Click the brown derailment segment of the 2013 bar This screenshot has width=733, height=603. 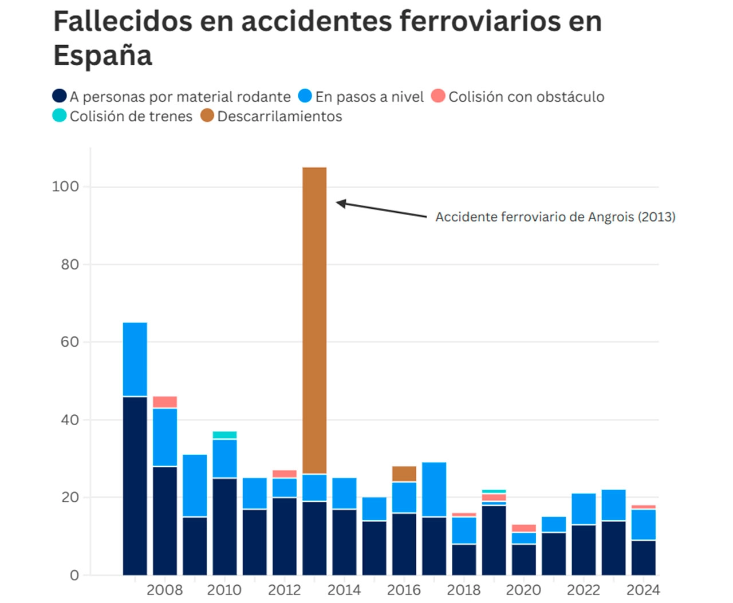click(314, 320)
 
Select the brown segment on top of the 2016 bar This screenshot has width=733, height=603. click(404, 474)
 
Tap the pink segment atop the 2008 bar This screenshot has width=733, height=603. click(165, 402)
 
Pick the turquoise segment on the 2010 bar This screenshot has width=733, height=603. click(224, 435)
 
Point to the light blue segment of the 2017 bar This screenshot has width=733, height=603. click(434, 489)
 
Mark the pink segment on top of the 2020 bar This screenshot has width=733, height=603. click(524, 528)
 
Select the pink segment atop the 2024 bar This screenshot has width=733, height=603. click(644, 507)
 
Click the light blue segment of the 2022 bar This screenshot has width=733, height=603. click(584, 509)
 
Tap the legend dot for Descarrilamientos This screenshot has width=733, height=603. click(207, 116)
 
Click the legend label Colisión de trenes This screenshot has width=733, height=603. click(131, 116)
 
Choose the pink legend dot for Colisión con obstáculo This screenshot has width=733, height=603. click(438, 96)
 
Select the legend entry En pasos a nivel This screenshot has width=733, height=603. click(369, 97)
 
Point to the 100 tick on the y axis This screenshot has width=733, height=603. click(65, 187)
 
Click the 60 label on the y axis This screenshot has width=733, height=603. click(70, 342)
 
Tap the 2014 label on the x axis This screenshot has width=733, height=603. click(344, 589)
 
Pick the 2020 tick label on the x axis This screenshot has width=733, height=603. click(523, 589)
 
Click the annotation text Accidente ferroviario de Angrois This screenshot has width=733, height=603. click(555, 217)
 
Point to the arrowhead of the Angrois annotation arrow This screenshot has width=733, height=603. click(340, 203)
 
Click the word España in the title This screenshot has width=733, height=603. click(103, 55)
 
